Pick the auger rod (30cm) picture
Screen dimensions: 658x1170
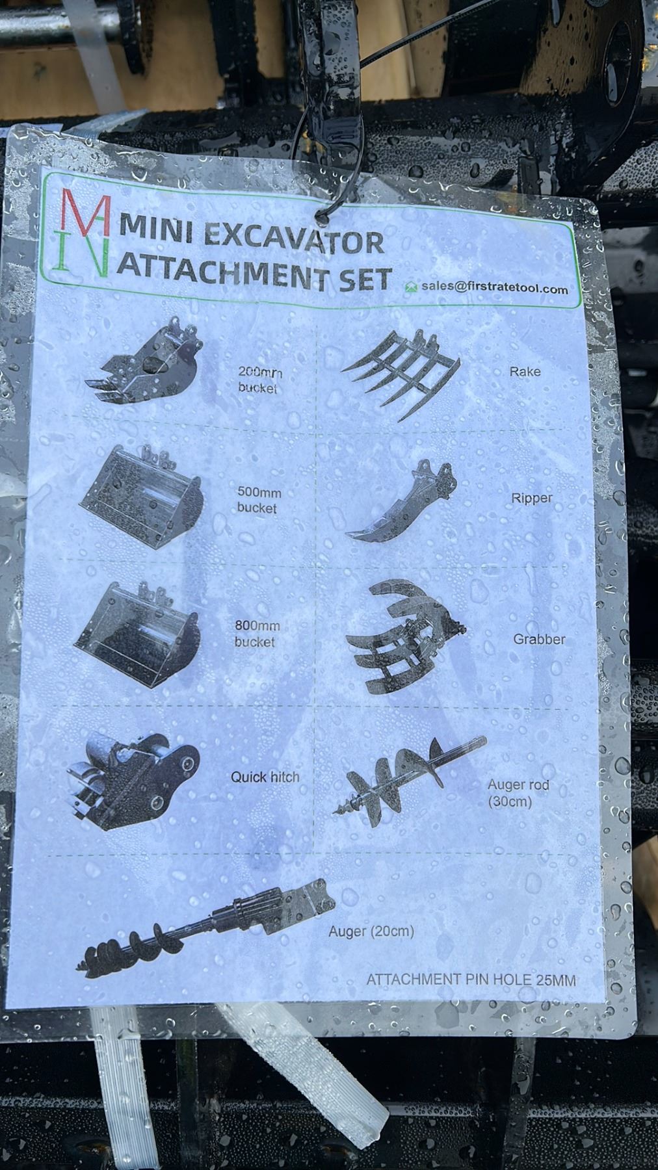(x=410, y=781)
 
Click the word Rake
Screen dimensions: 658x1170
(x=525, y=372)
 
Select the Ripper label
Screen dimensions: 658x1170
(x=532, y=499)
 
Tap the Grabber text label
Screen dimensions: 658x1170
(x=539, y=639)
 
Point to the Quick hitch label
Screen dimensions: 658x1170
(x=265, y=777)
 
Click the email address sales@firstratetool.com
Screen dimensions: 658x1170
(x=494, y=287)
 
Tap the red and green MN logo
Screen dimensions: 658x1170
(x=85, y=232)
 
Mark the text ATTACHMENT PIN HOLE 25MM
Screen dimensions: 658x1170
(x=471, y=980)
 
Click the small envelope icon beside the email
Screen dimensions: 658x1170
(x=410, y=287)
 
